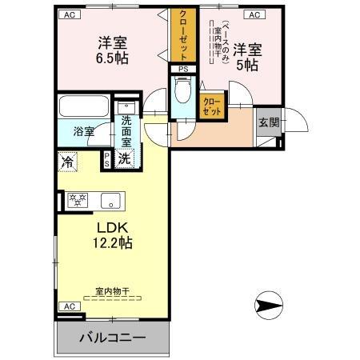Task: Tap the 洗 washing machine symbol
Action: [x=125, y=158]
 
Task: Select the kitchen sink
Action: [x=111, y=200]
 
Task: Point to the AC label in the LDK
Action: [x=69, y=306]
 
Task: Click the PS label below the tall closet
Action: [x=183, y=69]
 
